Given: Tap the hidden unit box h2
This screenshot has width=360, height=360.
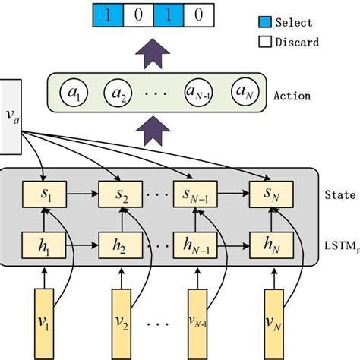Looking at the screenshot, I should pos(118,245).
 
